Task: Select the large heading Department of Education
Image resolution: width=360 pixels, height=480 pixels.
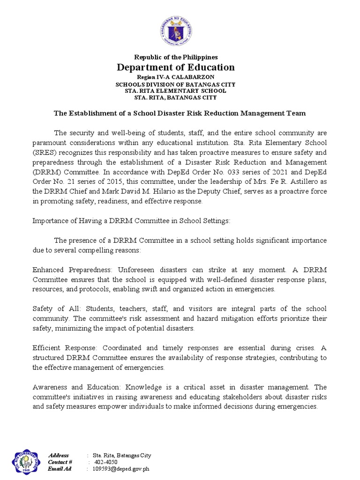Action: [175, 67]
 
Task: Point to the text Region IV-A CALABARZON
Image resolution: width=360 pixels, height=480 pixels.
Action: [175, 77]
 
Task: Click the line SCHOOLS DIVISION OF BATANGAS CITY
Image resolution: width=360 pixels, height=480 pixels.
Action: [175, 84]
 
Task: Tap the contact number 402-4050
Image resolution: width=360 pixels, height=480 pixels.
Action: [105, 462]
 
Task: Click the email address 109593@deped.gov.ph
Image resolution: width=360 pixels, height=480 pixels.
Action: [121, 469]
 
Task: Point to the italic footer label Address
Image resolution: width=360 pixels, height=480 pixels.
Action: [59, 456]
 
